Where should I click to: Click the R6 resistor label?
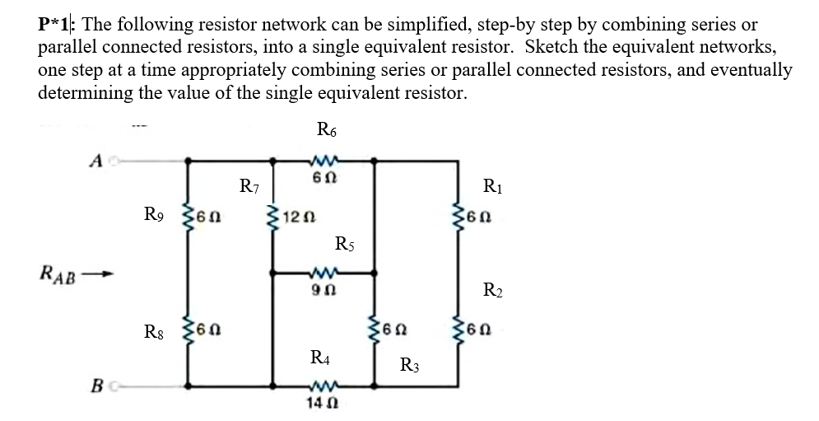327,129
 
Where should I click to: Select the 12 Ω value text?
295,217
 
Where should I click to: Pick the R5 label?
347,244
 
